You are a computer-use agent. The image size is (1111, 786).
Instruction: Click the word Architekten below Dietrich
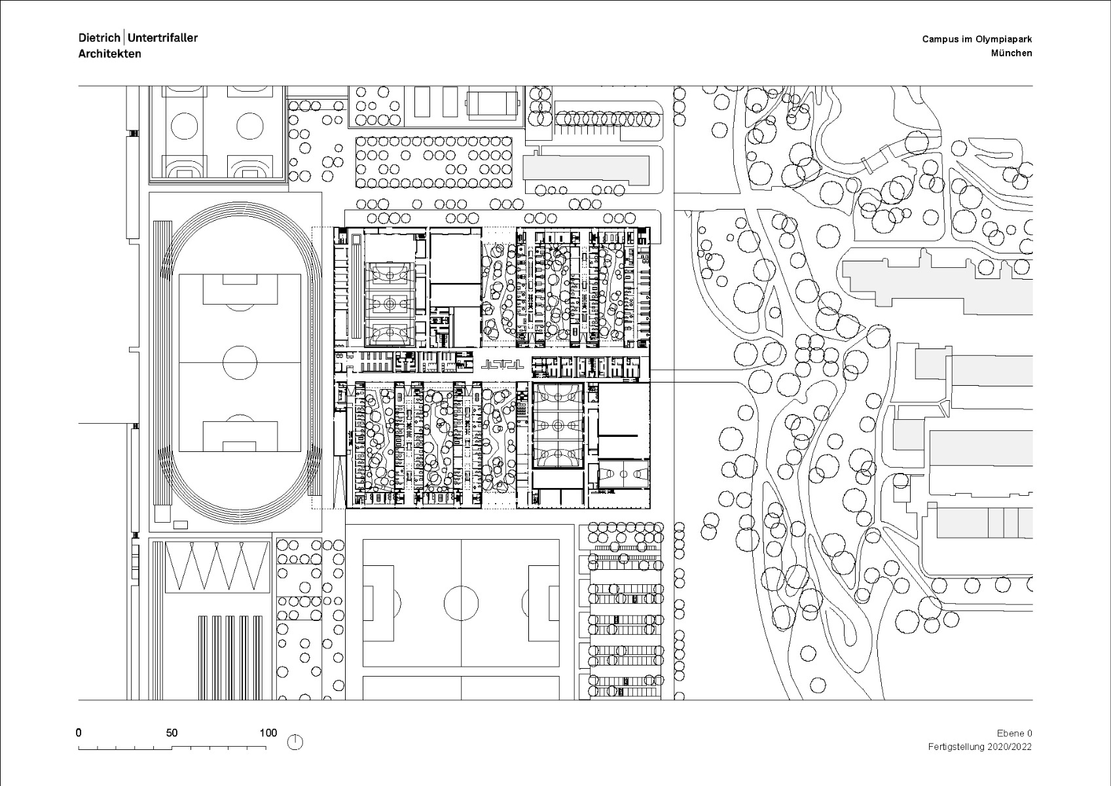coord(109,54)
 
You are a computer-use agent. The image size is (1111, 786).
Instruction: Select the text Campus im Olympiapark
coord(977,39)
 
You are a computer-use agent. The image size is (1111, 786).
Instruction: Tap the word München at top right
coord(1011,54)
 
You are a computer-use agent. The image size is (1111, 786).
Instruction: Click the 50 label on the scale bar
coord(172,733)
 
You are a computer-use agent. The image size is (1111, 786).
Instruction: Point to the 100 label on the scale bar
coord(268,733)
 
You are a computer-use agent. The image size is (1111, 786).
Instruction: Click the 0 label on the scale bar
coord(79,733)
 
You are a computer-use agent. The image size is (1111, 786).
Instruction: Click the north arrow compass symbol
coord(296,742)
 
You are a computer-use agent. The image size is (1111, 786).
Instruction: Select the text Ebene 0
coord(1014,734)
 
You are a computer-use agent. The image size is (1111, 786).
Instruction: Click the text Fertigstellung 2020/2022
coord(979,747)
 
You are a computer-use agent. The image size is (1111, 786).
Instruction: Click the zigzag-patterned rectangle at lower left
coord(217,566)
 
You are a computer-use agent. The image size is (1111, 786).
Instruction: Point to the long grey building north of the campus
coord(587,170)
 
